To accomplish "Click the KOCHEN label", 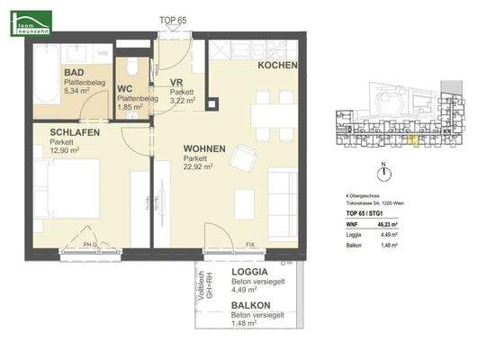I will (277, 67).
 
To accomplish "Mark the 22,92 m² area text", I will (198, 166).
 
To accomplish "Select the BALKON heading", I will (251, 306).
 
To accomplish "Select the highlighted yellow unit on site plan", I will (413, 137).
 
